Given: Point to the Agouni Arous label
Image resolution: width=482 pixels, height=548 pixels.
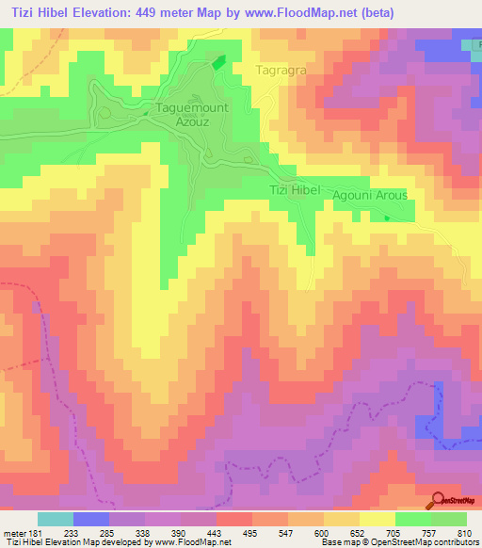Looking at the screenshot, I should tap(370, 195).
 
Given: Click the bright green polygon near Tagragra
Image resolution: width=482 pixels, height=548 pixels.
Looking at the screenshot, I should tap(218, 62).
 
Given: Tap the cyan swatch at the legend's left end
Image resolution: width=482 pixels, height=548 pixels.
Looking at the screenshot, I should tap(56, 519).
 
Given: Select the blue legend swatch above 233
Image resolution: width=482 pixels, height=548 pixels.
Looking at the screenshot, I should tap(91, 519).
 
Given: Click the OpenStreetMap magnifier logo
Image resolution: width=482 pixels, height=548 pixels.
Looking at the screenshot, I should tap(439, 499).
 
